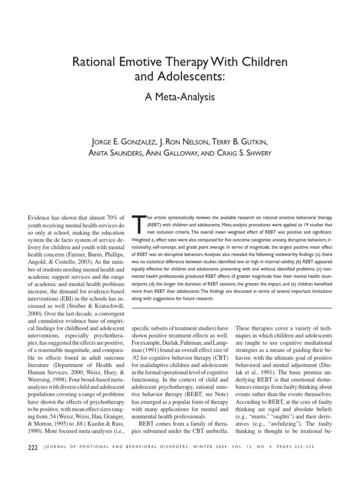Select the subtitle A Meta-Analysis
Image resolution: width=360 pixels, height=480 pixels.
(x=180, y=97)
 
